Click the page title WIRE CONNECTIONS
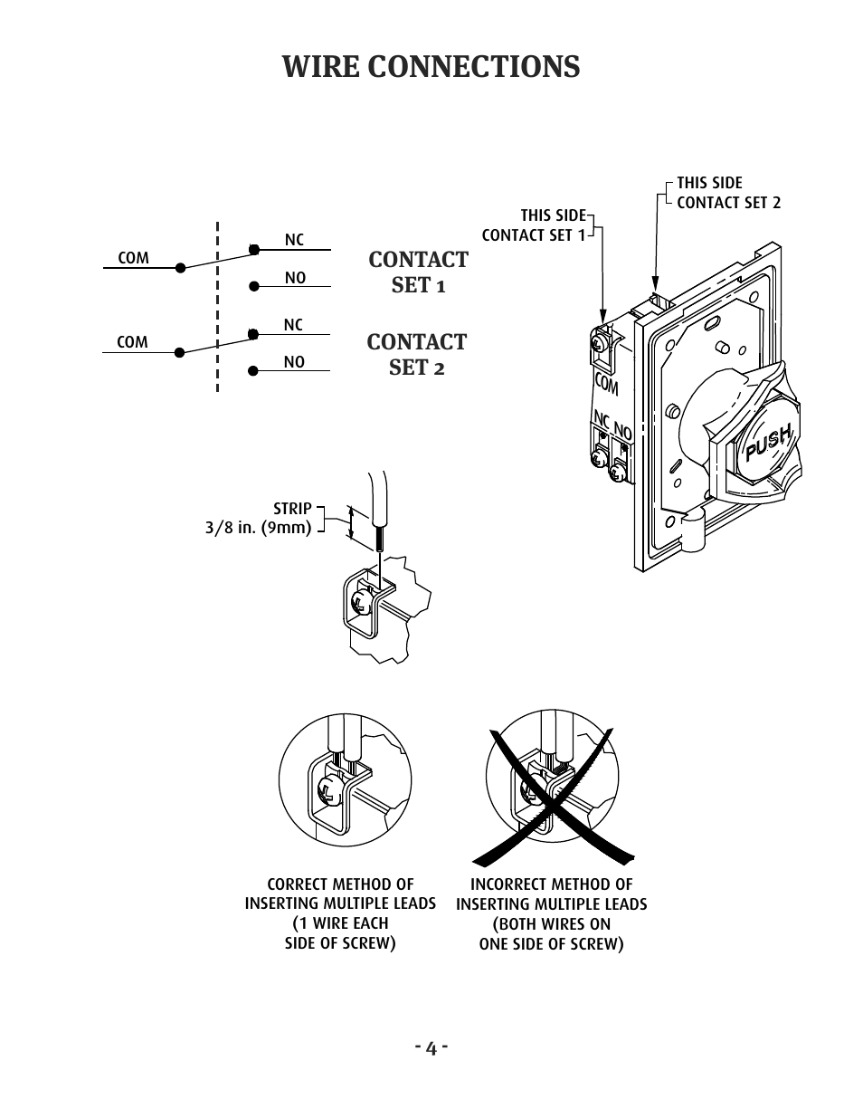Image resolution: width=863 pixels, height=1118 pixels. (431, 66)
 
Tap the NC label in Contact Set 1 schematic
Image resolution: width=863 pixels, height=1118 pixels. (295, 240)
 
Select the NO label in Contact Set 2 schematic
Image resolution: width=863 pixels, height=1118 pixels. (294, 362)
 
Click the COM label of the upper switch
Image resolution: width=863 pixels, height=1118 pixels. (133, 258)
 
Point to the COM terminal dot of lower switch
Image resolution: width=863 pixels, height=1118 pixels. (179, 352)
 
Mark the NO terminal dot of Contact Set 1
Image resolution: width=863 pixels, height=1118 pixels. (254, 286)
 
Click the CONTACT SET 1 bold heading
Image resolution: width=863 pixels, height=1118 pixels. (419, 272)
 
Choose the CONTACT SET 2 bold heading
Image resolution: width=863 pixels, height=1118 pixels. (417, 355)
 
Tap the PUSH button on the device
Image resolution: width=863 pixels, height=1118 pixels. (768, 443)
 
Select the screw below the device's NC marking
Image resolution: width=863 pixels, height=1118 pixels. (598, 457)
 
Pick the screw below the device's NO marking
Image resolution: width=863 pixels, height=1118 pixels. (616, 472)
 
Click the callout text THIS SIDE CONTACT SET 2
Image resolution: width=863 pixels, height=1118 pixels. (728, 193)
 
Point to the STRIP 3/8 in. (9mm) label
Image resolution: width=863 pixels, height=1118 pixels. (259, 518)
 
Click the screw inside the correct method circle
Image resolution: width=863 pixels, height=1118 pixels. (330, 793)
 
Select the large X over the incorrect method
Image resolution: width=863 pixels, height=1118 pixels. (553, 797)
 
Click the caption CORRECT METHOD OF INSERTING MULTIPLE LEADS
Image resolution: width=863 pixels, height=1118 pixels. (340, 893)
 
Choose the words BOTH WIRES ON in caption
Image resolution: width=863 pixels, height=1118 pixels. (552, 924)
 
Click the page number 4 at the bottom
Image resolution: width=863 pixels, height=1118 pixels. (431, 1048)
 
